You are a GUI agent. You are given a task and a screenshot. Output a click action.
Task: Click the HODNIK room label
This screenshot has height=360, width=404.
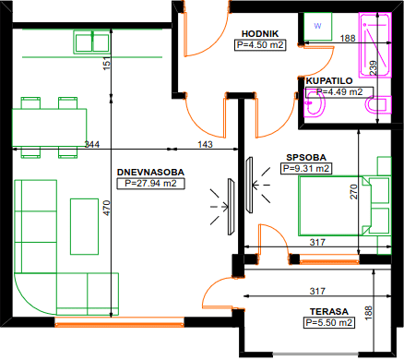tap(260, 34)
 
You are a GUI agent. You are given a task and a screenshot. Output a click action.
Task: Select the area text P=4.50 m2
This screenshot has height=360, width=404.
tap(260, 45)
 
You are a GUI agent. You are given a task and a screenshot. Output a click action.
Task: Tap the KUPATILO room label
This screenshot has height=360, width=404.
tap(329, 81)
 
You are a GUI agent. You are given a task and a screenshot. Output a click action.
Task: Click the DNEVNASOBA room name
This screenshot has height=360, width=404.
tap(150, 173)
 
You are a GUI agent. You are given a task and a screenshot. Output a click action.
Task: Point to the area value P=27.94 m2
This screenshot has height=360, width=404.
tap(150, 184)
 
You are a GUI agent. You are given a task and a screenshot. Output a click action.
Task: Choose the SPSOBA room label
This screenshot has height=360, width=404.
tap(306, 158)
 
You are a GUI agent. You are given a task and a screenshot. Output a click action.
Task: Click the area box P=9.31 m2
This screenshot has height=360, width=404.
tap(306, 169)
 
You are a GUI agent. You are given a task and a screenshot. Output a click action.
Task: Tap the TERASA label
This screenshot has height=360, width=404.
tap(329, 312)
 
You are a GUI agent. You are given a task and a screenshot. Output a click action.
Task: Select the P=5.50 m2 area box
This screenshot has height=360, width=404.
tap(329, 323)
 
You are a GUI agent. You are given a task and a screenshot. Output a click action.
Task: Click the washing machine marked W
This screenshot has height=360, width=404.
tap(318, 27)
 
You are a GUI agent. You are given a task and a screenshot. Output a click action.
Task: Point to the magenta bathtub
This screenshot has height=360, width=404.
tap(375, 45)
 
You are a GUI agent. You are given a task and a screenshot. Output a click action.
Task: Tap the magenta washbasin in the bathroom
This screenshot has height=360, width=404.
tap(315, 104)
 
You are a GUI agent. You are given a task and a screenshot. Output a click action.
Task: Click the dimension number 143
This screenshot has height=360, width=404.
tap(205, 144)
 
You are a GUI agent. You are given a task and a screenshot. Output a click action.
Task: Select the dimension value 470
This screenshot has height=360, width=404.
tap(107, 208)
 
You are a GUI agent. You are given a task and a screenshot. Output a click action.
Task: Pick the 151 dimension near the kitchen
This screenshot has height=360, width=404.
tap(107, 64)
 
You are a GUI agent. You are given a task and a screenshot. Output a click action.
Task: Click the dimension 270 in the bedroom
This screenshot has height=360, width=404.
tap(354, 191)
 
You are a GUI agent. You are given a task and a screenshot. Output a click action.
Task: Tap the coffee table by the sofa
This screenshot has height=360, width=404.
tap(84, 226)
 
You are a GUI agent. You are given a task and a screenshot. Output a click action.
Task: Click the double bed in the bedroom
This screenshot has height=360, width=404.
tap(335, 206)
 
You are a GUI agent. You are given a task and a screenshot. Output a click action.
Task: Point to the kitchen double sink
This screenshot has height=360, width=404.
tap(92, 42)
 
